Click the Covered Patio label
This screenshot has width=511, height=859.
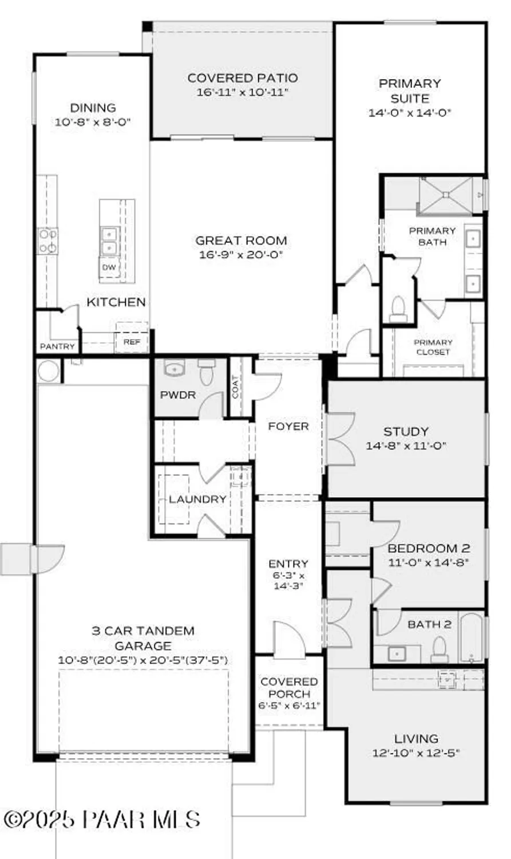click(243, 78)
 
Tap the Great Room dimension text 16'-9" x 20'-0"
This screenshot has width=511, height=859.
click(241, 255)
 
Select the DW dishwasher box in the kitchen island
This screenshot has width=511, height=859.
click(109, 267)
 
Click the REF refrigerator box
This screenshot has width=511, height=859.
click(132, 342)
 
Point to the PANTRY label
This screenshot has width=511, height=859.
click(57, 346)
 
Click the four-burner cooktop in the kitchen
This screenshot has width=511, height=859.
click(47, 241)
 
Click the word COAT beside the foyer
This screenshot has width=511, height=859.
click(235, 387)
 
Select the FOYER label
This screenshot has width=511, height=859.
click(288, 426)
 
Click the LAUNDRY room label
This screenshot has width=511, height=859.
click(197, 499)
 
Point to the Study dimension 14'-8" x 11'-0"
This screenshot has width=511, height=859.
click(406, 446)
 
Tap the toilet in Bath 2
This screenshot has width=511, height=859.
click(439, 649)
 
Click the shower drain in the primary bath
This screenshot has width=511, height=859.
click(446, 195)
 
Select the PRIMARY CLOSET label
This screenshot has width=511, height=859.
click(433, 347)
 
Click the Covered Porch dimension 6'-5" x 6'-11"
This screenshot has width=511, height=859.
click(289, 706)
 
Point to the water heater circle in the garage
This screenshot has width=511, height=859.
click(48, 371)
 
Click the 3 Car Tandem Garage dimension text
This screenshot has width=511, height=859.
click(142, 660)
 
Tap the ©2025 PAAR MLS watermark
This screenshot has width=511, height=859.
click(102, 820)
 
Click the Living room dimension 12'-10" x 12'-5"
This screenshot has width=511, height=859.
click(416, 753)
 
